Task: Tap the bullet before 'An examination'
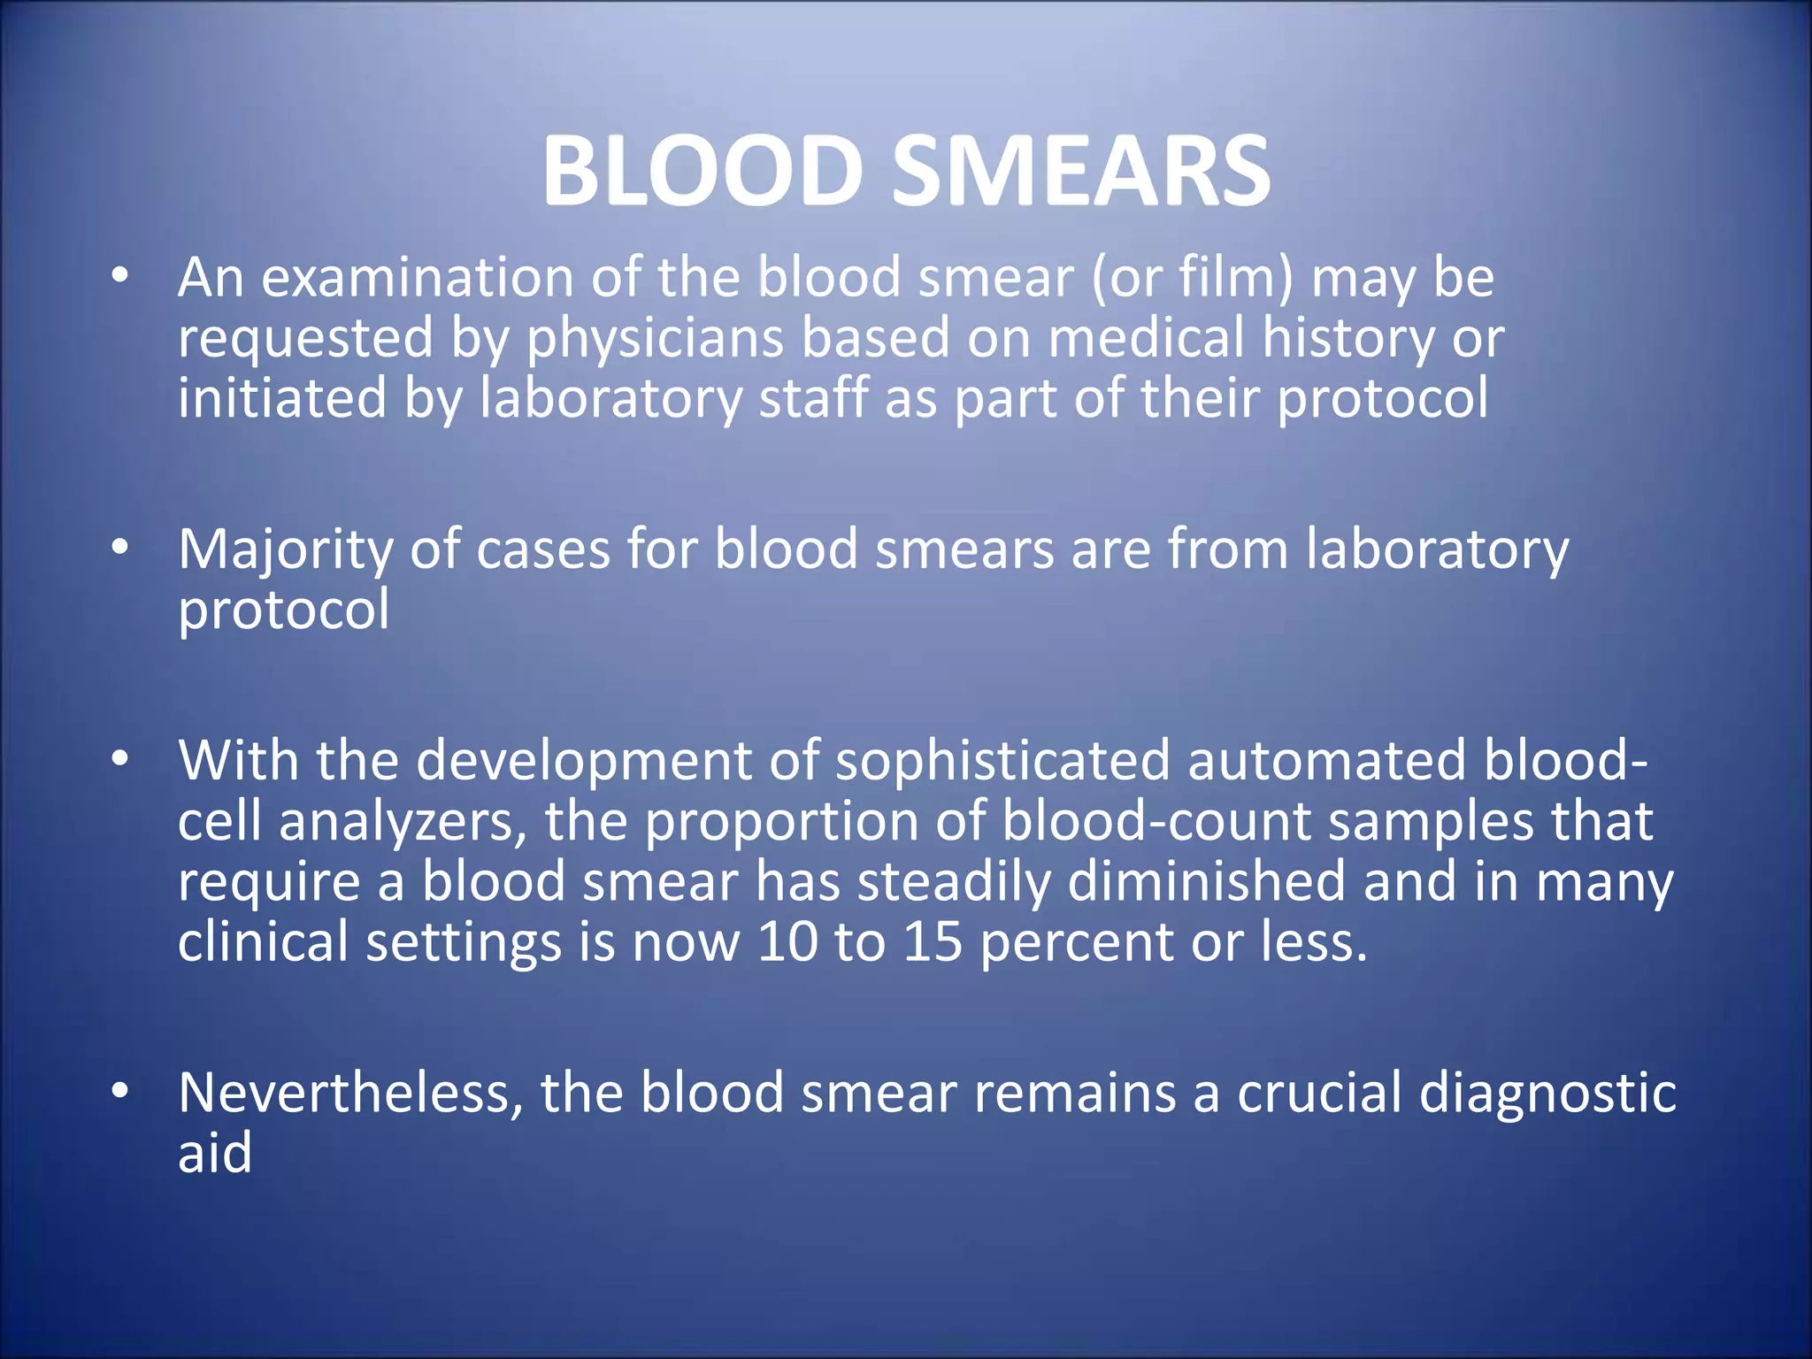(x=120, y=275)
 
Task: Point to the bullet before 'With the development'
(x=120, y=758)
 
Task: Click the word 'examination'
(x=418, y=278)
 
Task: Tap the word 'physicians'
(x=656, y=340)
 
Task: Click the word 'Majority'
(x=285, y=550)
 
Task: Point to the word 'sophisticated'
(x=1002, y=761)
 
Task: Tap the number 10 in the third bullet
(x=787, y=941)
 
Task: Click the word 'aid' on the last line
(x=215, y=1152)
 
